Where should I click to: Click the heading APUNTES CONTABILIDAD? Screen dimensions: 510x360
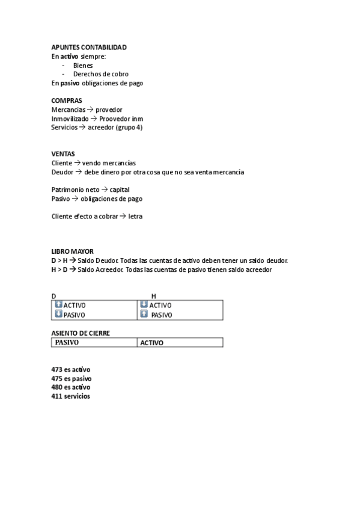(x=89, y=48)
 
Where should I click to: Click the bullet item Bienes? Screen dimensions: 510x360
(x=83, y=65)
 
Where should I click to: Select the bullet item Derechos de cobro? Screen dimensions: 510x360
(x=100, y=74)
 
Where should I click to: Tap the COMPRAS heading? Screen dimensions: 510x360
(x=67, y=100)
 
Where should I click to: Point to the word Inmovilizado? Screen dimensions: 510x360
(x=70, y=118)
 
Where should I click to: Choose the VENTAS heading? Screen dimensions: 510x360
(x=63, y=154)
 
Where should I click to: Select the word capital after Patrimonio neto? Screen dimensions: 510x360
(x=120, y=189)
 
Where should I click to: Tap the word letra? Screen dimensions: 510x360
(x=135, y=217)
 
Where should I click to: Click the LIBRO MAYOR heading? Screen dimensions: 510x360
(x=72, y=251)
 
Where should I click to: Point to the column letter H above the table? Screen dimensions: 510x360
(x=153, y=296)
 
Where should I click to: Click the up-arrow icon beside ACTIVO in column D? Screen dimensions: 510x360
(x=58, y=304)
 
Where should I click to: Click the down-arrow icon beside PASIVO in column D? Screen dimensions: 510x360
(x=58, y=314)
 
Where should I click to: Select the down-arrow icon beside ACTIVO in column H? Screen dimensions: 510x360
(x=144, y=304)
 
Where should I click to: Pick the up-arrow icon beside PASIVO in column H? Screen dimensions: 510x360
(x=144, y=314)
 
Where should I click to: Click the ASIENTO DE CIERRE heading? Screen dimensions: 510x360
(x=81, y=333)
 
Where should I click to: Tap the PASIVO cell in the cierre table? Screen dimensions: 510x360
(x=67, y=342)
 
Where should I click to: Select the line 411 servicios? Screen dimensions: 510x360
(x=71, y=396)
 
